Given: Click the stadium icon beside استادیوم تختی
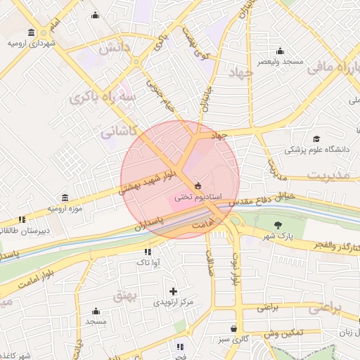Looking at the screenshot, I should [x=197, y=186].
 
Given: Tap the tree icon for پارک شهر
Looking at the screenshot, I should [x=279, y=225].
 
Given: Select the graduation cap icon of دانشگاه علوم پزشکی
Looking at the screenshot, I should [x=316, y=139].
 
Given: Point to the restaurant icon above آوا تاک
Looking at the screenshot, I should [x=148, y=251].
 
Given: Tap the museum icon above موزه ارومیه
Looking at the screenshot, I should [x=65, y=198].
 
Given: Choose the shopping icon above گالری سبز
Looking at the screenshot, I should [x=233, y=328].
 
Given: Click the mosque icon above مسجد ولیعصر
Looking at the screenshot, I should [x=280, y=51].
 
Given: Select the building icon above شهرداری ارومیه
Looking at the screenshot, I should [x=32, y=32].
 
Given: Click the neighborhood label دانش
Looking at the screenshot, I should [x=114, y=49].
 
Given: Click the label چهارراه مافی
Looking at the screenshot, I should [x=336, y=69].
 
